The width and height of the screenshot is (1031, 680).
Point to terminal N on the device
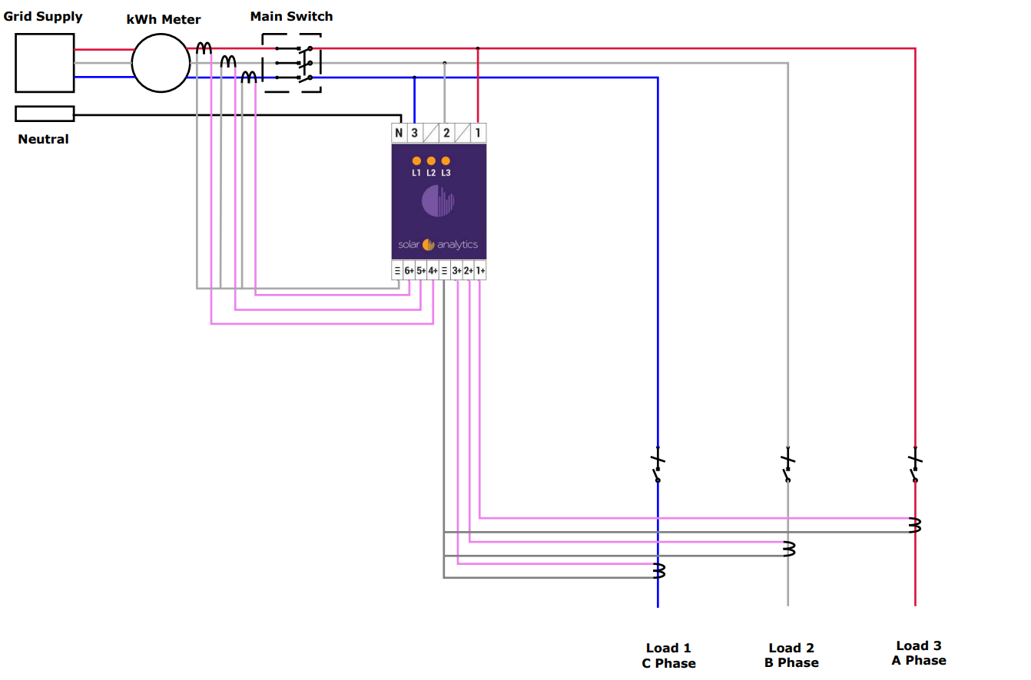[399, 133]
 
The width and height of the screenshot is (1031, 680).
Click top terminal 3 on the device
[414, 133]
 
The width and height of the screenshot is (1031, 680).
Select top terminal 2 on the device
[446, 133]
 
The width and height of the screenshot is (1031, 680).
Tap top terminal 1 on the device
[478, 133]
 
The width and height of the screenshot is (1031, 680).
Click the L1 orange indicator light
[416, 161]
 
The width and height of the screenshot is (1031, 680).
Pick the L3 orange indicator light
[446, 161]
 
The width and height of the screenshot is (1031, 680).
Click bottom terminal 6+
[409, 270]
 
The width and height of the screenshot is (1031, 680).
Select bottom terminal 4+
[433, 270]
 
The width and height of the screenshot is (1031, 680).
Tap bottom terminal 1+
[480, 270]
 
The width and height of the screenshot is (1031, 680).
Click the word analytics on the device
[458, 245]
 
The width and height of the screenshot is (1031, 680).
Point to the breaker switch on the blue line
[658, 464]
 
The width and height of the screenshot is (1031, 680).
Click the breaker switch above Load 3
[915, 464]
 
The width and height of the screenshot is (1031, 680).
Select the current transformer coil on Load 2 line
[789, 549]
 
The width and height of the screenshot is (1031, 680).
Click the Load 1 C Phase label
[669, 655]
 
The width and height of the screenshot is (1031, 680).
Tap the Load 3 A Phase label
[919, 653]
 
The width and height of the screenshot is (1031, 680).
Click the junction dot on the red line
[478, 48]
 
